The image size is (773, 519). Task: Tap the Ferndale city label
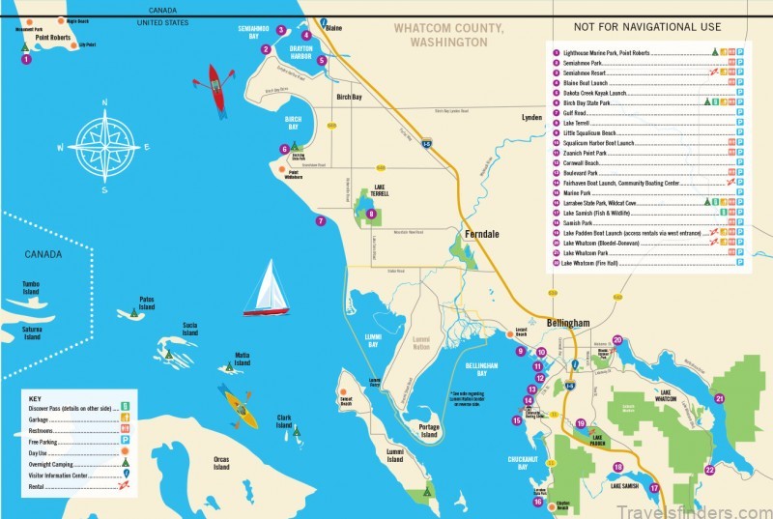tap(479, 235)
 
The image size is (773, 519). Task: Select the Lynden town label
tap(531, 117)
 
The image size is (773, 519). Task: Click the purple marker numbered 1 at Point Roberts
tap(26, 59)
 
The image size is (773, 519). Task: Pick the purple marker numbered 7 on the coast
tap(321, 220)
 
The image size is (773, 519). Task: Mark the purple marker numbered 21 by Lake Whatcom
tap(719, 397)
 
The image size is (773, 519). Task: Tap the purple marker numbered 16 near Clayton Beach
tap(537, 501)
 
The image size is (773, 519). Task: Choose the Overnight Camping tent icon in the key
tap(125, 462)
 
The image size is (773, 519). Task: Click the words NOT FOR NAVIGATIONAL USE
tap(646, 27)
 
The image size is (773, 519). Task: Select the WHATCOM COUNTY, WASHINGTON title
tap(448, 37)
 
